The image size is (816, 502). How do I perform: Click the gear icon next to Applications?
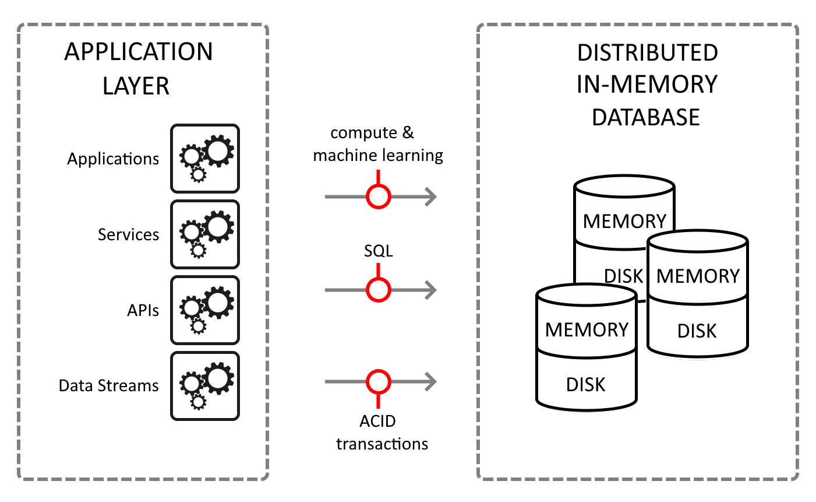pos(205,159)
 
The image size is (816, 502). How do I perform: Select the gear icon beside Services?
pos(205,234)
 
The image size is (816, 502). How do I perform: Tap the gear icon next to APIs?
pos(205,310)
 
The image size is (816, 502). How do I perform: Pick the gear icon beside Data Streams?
pos(205,386)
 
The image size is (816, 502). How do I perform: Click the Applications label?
pos(113,159)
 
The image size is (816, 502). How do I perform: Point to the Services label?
pos(128,234)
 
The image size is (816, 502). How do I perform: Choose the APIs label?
pos(143,310)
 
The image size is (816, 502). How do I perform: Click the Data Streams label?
pos(109,386)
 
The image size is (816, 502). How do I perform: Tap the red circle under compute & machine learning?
pos(379,196)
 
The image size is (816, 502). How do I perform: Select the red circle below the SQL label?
pos(379,290)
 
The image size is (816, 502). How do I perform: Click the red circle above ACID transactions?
pos(379,382)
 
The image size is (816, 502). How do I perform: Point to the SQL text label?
pos(379,251)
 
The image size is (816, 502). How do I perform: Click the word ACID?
pos(378,421)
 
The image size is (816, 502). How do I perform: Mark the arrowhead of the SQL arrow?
pos(432,290)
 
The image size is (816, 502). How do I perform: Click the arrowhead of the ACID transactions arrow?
pos(432,382)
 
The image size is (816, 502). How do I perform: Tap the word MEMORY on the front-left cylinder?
pos(587,330)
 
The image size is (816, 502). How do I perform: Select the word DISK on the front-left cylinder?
pos(586,385)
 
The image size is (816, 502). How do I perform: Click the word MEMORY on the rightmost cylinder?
pos(698,276)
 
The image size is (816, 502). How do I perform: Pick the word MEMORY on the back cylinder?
pos(624,222)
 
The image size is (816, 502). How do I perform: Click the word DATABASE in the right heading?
pos(646,117)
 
